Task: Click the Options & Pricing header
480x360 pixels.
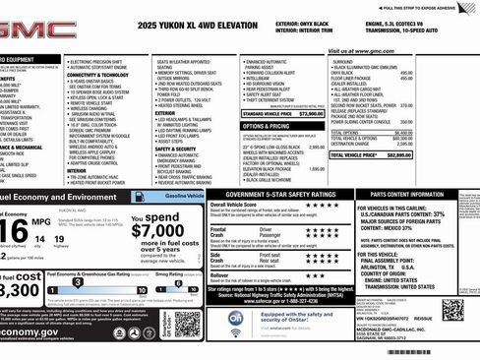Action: [266, 126]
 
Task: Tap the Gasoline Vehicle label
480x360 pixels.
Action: [184, 197]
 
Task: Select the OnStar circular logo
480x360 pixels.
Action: [236, 320]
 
